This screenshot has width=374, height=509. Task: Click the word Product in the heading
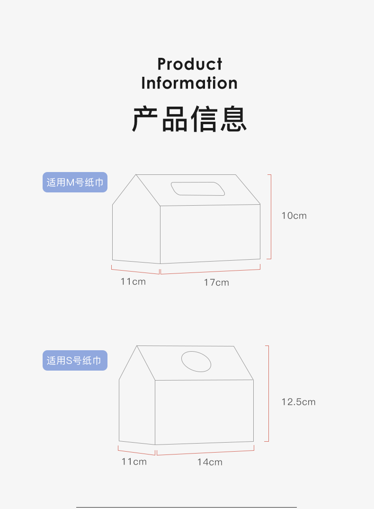(189, 64)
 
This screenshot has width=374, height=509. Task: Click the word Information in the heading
(189, 83)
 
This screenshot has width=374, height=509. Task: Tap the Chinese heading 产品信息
(189, 119)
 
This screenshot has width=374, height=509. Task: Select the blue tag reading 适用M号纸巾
(75, 182)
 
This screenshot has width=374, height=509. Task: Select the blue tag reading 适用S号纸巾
(75, 361)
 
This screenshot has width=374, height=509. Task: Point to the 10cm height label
(294, 216)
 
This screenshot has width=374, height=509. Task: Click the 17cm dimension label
(216, 282)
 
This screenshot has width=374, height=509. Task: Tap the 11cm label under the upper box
(133, 282)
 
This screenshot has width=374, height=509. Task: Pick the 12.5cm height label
(298, 402)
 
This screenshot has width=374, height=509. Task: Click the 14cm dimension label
(210, 462)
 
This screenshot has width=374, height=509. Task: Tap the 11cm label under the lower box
(134, 462)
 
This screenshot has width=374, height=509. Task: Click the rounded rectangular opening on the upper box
(198, 189)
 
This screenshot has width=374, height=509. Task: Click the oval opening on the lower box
(196, 362)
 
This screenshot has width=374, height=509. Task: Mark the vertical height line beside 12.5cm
(268, 393)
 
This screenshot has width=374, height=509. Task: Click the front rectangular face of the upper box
(210, 234)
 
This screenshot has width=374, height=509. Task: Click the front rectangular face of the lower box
(204, 411)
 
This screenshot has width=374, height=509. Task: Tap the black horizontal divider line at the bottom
(187, 507)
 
